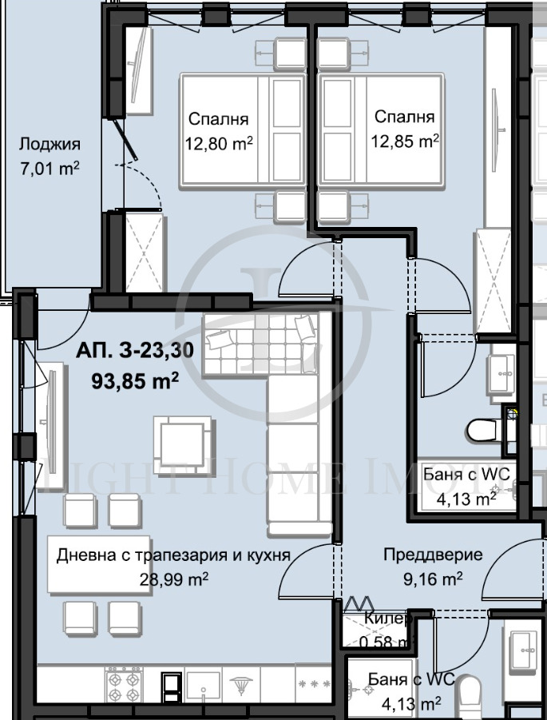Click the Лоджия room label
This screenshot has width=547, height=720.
point(50,145)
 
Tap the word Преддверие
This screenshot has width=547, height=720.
point(422,555)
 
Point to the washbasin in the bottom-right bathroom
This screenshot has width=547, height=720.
point(523,644)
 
